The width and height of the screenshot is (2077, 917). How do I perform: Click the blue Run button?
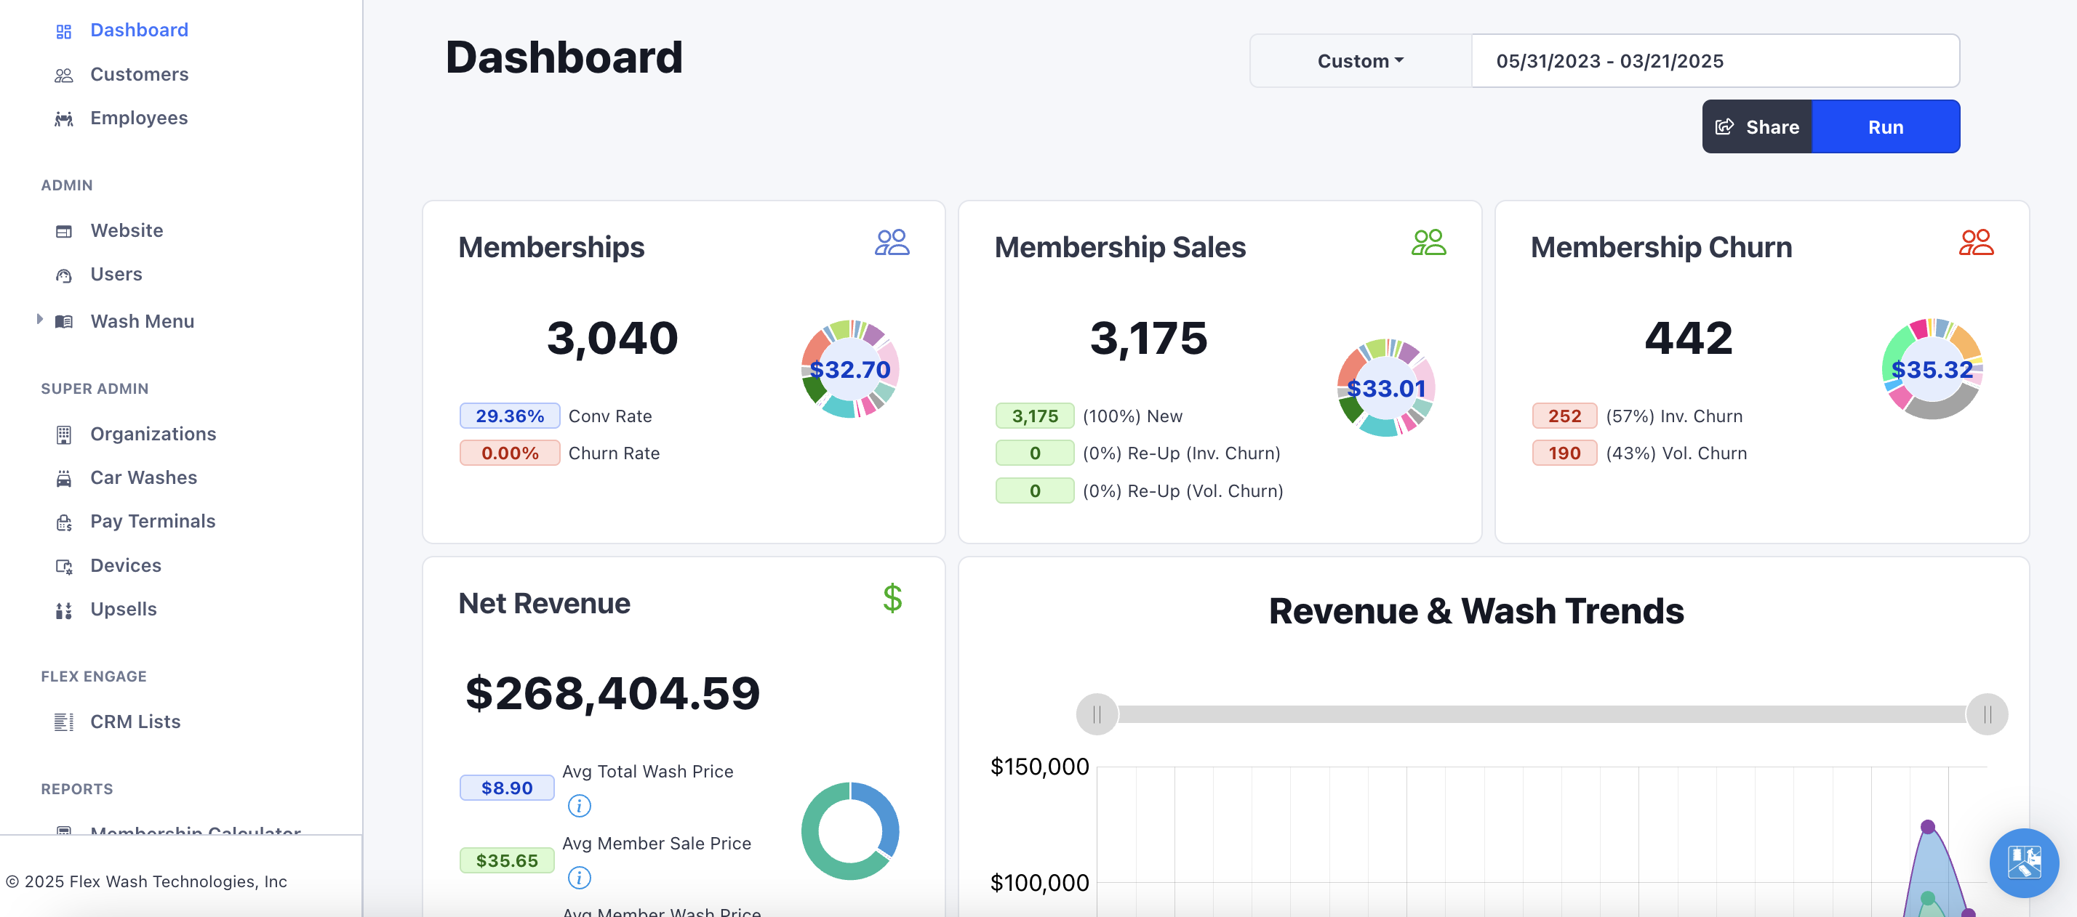1885,126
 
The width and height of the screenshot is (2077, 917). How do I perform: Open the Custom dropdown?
1360,61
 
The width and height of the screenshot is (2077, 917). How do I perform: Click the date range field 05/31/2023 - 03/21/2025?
1714,61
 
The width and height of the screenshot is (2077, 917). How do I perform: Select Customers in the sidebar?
139,74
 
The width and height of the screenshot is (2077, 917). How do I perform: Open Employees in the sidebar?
139,118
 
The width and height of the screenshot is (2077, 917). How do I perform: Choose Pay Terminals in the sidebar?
153,521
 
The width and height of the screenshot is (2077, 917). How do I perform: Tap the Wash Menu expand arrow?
39,319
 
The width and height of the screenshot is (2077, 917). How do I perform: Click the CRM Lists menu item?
135,722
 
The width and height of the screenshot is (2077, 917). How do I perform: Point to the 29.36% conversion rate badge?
510,416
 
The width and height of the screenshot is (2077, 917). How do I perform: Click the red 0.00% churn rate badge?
510,453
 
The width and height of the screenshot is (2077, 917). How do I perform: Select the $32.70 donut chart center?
850,370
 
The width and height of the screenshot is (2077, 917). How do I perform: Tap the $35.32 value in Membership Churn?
1932,370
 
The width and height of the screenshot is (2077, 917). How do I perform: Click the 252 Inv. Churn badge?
1564,416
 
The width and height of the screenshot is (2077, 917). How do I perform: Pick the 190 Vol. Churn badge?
1564,453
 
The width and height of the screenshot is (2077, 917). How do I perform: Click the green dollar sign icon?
892,598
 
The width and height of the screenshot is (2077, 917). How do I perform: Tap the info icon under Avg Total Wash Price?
579,805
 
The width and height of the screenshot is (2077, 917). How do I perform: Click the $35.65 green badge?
506,860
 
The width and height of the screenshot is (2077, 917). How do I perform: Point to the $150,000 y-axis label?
1039,767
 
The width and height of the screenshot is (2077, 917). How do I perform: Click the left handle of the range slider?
1097,714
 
